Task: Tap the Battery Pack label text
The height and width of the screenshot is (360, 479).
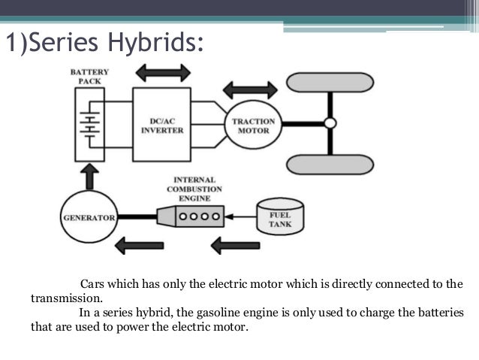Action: (x=90, y=77)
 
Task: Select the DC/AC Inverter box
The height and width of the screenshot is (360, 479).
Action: (x=162, y=125)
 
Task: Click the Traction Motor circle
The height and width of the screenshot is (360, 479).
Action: (x=253, y=126)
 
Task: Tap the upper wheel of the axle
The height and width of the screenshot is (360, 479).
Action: (x=330, y=82)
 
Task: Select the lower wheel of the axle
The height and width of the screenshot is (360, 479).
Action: (x=330, y=163)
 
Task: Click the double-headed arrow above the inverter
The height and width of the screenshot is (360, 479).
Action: (x=163, y=73)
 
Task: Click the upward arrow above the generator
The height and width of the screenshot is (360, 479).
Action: (x=89, y=177)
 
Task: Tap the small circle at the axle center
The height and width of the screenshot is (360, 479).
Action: (x=330, y=123)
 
